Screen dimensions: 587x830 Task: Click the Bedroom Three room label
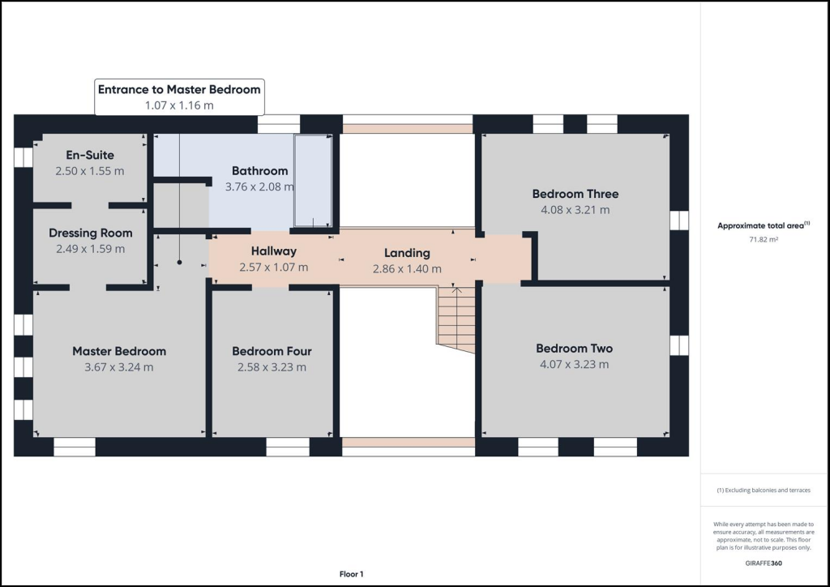pos(575,194)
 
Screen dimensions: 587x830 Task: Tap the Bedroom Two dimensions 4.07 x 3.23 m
pos(574,365)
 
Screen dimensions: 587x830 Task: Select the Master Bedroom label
pos(119,351)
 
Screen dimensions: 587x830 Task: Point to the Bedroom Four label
pos(272,351)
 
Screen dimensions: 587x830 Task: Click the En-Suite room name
pos(90,155)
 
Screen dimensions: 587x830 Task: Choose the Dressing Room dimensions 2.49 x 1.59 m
pos(90,249)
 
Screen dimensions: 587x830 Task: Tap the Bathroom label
pos(259,171)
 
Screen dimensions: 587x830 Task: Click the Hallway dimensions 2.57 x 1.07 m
pos(273,268)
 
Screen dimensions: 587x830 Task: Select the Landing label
pos(407,253)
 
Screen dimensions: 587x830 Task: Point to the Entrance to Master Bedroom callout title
pos(179,89)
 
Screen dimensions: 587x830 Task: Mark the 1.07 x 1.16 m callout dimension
pos(179,105)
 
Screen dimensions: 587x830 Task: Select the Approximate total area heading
pos(760,226)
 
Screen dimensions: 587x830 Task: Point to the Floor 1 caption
pos(351,574)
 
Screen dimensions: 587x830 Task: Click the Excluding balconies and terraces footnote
pos(763,491)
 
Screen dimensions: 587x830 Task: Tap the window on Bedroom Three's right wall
pos(678,221)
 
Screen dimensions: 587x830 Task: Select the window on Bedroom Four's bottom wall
pos(288,447)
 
